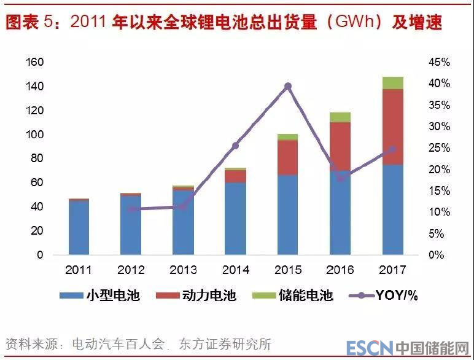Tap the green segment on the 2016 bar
tap(340, 117)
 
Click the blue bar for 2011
tap(79, 227)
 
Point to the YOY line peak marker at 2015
tap(287, 87)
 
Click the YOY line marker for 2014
tap(235, 146)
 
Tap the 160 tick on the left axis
tap(35, 62)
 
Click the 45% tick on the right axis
tap(439, 62)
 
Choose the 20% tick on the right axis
tap(439, 169)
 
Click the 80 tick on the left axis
tap(38, 158)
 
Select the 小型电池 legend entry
tap(99, 295)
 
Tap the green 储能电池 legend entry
tap(292, 295)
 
